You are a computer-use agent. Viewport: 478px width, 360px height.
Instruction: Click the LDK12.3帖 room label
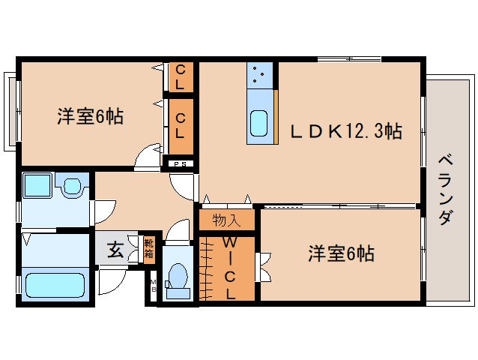[x=346, y=131]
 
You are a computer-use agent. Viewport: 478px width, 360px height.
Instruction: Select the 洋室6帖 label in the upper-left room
[x=90, y=117]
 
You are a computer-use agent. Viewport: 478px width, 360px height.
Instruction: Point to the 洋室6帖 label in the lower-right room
[x=341, y=253]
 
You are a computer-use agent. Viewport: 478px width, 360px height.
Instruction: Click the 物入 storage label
[x=226, y=220]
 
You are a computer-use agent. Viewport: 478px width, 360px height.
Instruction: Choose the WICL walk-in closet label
[x=229, y=268]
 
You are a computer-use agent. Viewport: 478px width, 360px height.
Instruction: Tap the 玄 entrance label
[x=115, y=250]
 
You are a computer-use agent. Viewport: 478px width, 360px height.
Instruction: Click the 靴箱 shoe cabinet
[x=148, y=249]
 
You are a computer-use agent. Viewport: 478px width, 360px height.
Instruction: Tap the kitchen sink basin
[x=259, y=122]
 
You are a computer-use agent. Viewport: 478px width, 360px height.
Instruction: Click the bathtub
[x=55, y=285]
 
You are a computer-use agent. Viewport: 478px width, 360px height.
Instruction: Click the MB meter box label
[x=153, y=285]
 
